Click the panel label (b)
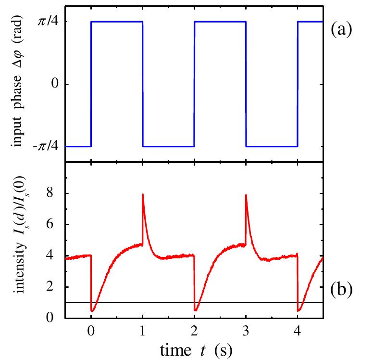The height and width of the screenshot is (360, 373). point(342,290)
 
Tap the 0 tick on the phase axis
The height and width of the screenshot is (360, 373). point(54,84)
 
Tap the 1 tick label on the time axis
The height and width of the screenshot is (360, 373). point(143,331)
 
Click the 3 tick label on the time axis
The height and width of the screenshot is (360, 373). point(246,331)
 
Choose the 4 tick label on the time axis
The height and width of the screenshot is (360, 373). point(298,331)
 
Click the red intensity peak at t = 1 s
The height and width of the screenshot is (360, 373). point(143,194)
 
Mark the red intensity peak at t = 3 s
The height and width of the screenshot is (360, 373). point(246,195)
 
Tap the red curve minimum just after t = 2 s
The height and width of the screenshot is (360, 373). point(196,310)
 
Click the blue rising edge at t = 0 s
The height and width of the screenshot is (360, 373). point(91,84)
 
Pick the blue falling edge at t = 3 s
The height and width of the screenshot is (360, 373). point(246,84)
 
